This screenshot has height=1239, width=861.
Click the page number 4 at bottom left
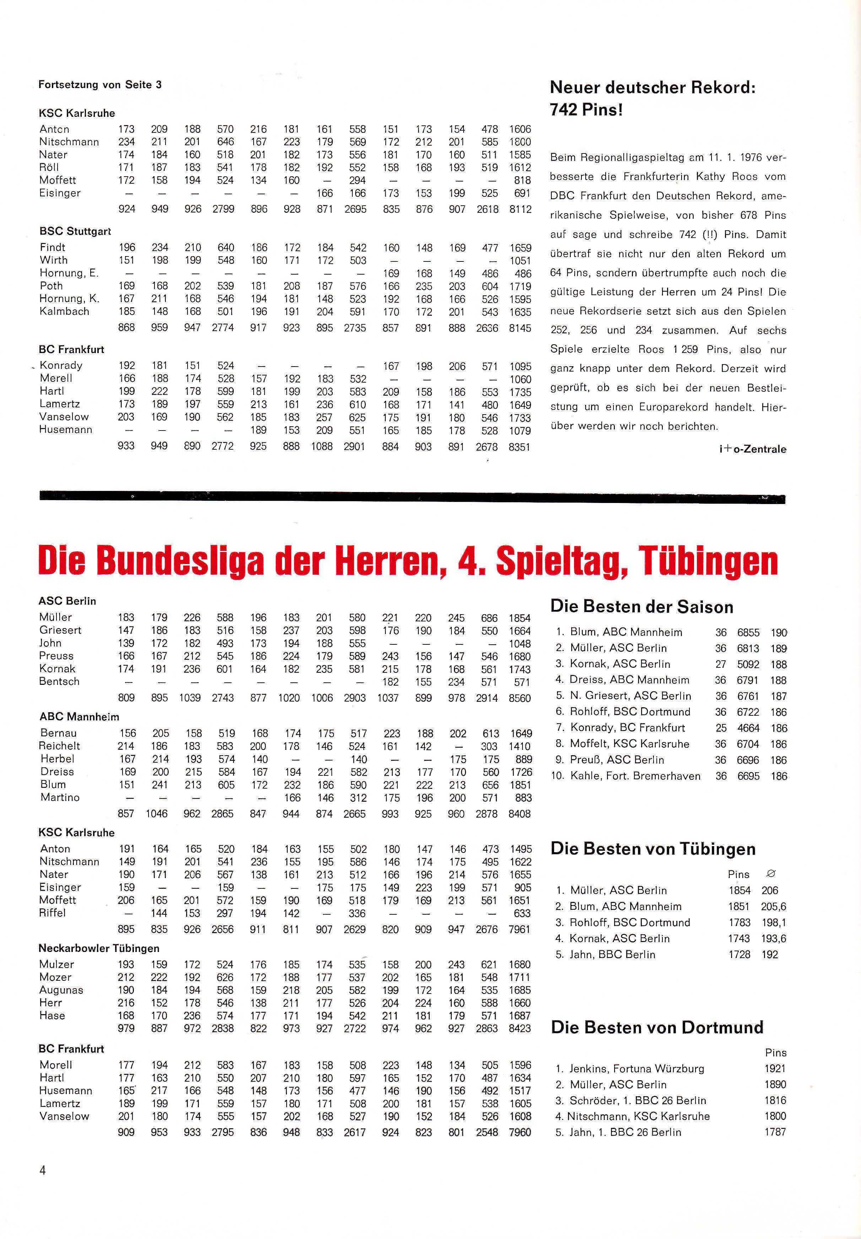pos(43,1170)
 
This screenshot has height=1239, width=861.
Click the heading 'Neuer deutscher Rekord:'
pos(652,87)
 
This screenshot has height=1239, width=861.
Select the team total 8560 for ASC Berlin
pos(520,698)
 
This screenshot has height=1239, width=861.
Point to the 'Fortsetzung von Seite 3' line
pos(100,85)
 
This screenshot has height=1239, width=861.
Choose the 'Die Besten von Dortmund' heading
pos(656,1027)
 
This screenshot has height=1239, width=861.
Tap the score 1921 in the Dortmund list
pos(775,1068)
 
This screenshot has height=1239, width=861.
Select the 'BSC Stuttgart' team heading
pos(75,231)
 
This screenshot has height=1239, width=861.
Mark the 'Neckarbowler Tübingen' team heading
pos(99,948)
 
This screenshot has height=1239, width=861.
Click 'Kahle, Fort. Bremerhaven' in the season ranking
pos(635,776)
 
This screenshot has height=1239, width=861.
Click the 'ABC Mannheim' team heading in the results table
pos(79,717)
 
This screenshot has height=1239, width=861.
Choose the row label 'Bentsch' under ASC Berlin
pos(59,681)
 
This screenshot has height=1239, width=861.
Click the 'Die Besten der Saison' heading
pos(641,607)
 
